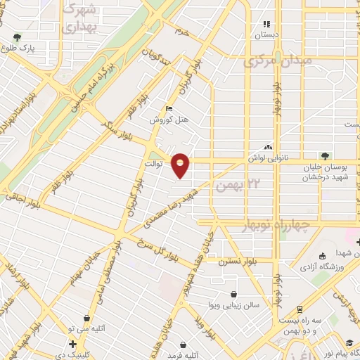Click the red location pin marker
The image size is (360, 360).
tap(181, 165)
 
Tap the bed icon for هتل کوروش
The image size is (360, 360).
tap(167, 108)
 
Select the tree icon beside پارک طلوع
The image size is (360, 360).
tap(16, 37)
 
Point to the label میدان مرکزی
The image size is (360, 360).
tap(275, 63)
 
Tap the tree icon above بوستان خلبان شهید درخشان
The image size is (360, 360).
tap(324, 155)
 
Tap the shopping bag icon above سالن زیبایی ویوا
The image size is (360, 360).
tap(233, 295)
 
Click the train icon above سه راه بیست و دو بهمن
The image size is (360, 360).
tap(298, 309)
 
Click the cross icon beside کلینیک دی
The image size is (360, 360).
tap(73, 343)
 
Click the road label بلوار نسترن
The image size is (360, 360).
tap(236, 260)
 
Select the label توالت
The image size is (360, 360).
tap(153, 165)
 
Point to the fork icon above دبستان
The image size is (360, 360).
tap(266, 24)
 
